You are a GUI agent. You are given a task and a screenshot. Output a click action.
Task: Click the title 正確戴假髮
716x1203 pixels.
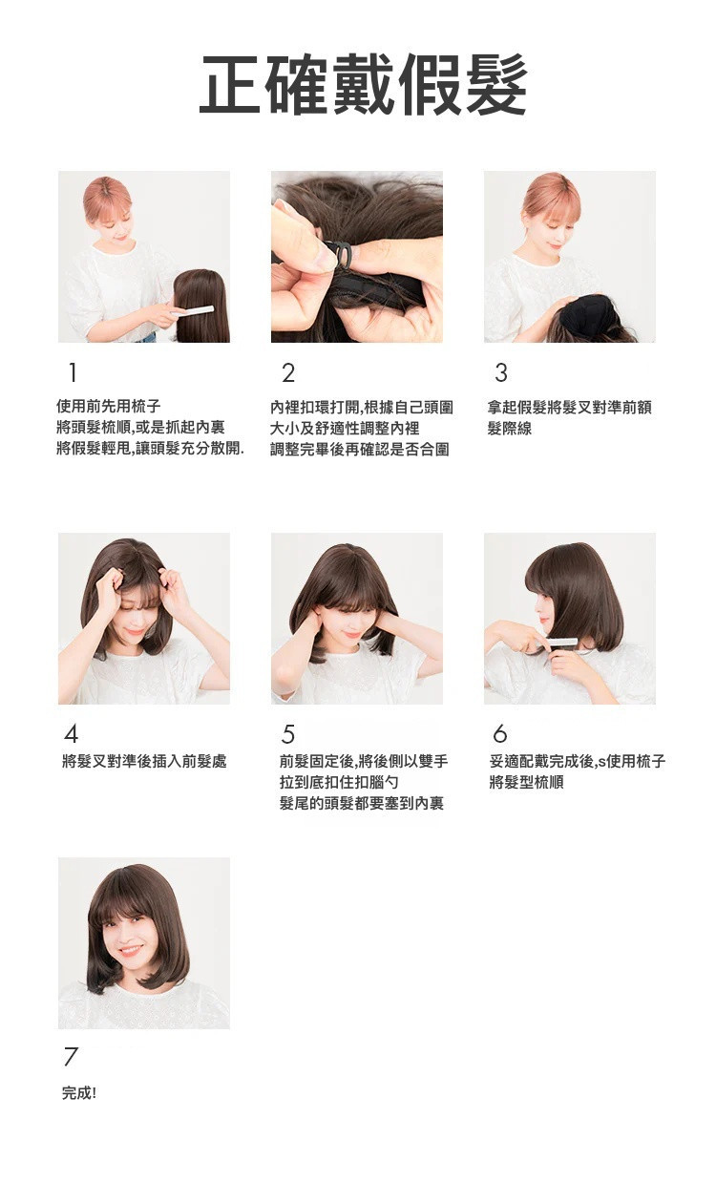(363, 86)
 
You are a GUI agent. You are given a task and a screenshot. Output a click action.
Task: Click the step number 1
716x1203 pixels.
(73, 372)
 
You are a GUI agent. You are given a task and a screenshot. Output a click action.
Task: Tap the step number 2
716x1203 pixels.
(288, 372)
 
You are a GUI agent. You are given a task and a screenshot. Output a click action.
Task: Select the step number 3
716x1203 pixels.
(501, 372)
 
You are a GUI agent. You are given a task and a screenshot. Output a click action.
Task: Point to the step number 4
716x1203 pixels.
(72, 734)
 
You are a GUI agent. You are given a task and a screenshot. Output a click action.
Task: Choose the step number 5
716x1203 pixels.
(288, 734)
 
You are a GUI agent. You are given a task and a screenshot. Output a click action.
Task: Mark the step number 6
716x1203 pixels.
(500, 734)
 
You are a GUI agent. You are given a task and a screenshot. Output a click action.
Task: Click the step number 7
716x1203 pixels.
(71, 1057)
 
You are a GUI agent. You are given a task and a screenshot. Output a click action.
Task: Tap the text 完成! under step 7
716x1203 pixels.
(79, 1093)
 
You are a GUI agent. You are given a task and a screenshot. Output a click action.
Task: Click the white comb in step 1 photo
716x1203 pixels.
(192, 310)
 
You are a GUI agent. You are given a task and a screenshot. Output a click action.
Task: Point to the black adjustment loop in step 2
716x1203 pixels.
(339, 254)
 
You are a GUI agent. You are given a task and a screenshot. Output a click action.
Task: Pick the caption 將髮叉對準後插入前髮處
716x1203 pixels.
(144, 761)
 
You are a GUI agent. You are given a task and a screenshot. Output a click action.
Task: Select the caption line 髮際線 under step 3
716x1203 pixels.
(509, 429)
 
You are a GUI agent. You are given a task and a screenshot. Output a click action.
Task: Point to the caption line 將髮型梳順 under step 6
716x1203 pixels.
(526, 782)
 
